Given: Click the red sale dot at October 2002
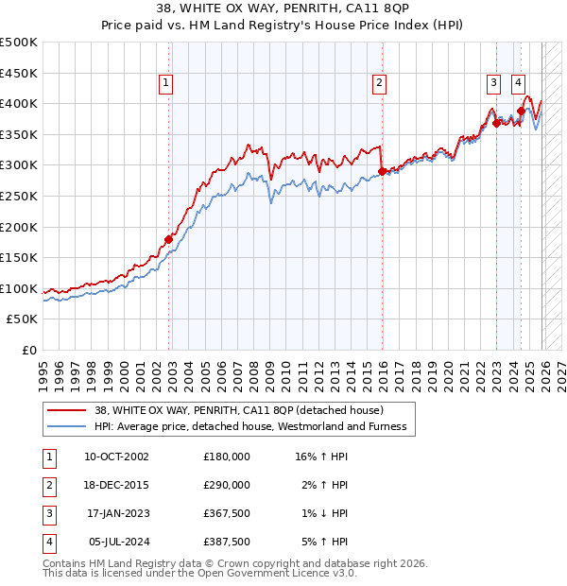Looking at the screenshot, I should click(x=169, y=239).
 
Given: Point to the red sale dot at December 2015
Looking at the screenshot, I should click(x=382, y=171).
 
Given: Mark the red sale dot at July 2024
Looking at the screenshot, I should click(x=521, y=111).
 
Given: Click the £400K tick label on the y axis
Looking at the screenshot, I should click(x=19, y=103).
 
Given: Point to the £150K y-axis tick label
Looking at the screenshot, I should click(x=19, y=257).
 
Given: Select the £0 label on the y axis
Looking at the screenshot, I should click(x=28, y=350).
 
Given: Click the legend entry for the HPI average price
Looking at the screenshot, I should click(x=249, y=426).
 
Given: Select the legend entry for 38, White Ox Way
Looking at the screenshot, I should click(x=238, y=410).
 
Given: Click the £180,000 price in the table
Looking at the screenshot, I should click(x=226, y=456).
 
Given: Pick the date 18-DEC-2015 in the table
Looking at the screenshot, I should click(x=116, y=485).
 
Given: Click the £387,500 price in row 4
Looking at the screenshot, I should click(x=226, y=543).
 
